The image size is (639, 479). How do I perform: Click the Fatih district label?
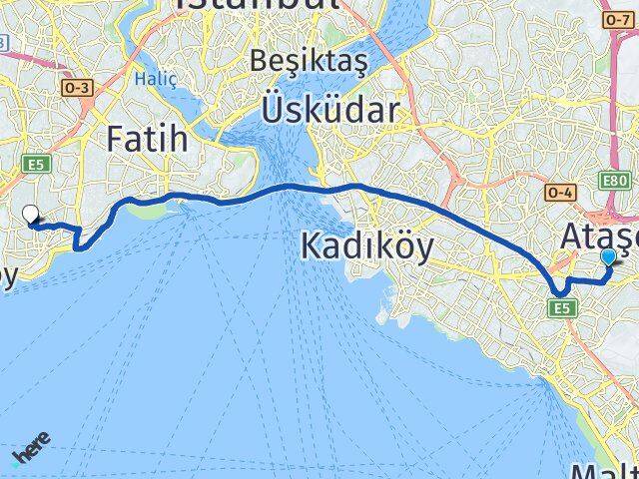pos(147,139)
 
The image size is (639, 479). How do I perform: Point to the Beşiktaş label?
pos(310,61)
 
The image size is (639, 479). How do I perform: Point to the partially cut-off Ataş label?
pos(599,238)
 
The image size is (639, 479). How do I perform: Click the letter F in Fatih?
pos(116,139)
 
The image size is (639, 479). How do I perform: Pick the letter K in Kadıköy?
pos(311,244)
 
